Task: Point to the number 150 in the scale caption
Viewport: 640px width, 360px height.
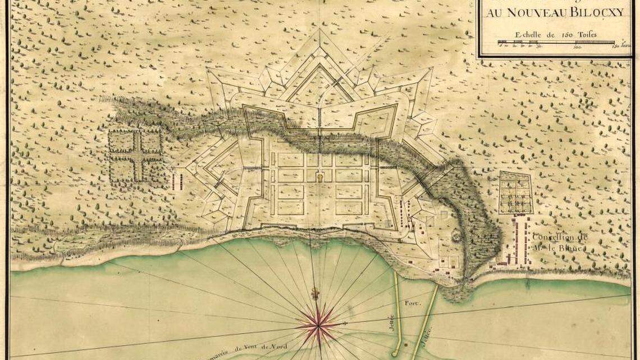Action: [x=564, y=34]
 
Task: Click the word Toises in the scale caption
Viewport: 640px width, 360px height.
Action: [x=586, y=34]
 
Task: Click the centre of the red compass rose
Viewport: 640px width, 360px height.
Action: [x=318, y=324]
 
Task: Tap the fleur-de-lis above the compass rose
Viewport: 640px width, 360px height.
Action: [x=316, y=294]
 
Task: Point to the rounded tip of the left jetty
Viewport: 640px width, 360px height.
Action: [x=396, y=353]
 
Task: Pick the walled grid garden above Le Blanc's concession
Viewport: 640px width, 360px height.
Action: [x=515, y=193]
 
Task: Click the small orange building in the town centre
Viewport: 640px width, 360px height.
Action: [x=320, y=178]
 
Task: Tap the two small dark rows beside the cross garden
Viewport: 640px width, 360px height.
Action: [x=180, y=181]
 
